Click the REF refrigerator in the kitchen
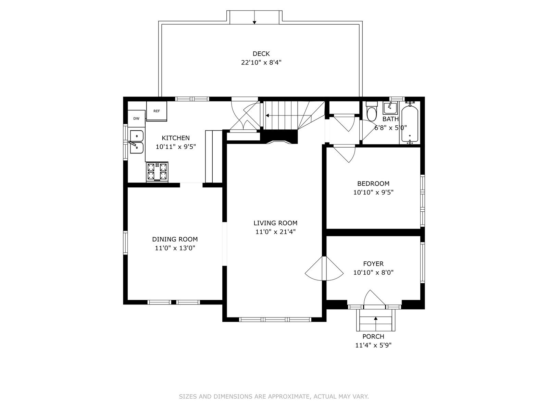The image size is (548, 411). (157, 111)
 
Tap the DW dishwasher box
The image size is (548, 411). (136, 119)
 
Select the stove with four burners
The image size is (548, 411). (157, 172)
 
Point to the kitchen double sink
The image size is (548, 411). (137, 142)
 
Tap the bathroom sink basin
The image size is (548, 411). (390, 108)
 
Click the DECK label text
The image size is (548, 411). (261, 54)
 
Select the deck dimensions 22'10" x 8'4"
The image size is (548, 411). (261, 62)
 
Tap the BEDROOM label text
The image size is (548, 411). (373, 184)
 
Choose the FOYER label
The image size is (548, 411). (373, 263)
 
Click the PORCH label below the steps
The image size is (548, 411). (373, 336)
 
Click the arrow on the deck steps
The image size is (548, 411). (254, 17)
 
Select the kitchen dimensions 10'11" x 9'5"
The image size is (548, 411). (175, 147)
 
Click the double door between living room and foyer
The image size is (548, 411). (324, 268)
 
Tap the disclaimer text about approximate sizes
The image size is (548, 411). (274, 396)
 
